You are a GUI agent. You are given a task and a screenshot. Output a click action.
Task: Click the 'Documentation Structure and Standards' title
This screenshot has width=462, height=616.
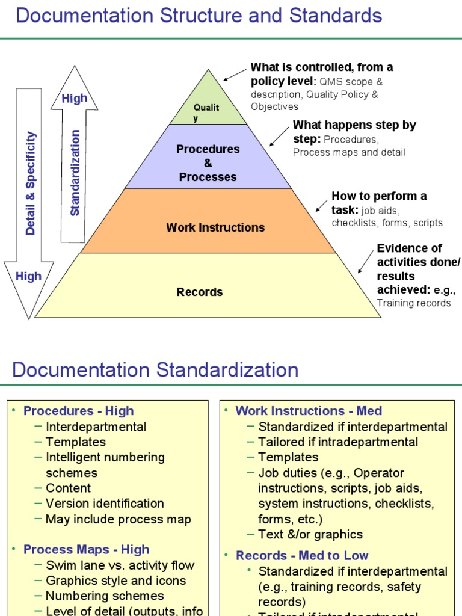[199, 16]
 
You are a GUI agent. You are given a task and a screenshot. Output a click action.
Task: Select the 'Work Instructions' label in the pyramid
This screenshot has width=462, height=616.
[215, 227]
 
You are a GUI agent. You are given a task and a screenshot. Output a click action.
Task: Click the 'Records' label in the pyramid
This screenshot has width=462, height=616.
[200, 292]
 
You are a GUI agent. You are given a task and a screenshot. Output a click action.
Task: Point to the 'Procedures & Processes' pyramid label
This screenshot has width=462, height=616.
[208, 162]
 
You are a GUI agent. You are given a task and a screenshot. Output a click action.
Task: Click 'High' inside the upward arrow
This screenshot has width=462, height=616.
[75, 99]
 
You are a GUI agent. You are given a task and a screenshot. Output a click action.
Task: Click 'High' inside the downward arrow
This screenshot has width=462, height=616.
[28, 276]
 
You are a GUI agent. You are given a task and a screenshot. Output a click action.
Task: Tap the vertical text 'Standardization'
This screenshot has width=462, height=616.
[75, 173]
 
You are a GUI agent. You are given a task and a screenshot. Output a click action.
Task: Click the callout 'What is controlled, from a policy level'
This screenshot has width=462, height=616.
[321, 73]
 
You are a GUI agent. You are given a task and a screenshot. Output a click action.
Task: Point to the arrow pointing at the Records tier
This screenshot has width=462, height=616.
[365, 262]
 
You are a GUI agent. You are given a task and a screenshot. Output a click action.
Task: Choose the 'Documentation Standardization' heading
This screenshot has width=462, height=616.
[155, 369]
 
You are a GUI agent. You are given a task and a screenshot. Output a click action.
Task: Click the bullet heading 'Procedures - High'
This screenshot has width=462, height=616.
[78, 411]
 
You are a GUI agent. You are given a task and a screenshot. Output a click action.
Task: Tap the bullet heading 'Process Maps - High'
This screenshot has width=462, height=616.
[86, 549]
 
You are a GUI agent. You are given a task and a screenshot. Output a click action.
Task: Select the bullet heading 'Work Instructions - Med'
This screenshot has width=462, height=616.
[309, 411]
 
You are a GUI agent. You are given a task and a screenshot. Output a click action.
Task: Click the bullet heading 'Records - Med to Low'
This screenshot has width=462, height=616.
[302, 555]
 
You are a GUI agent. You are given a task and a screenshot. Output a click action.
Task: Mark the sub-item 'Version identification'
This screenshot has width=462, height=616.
[105, 504]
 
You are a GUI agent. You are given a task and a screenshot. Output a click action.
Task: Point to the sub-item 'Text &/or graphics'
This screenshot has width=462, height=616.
[310, 534]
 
